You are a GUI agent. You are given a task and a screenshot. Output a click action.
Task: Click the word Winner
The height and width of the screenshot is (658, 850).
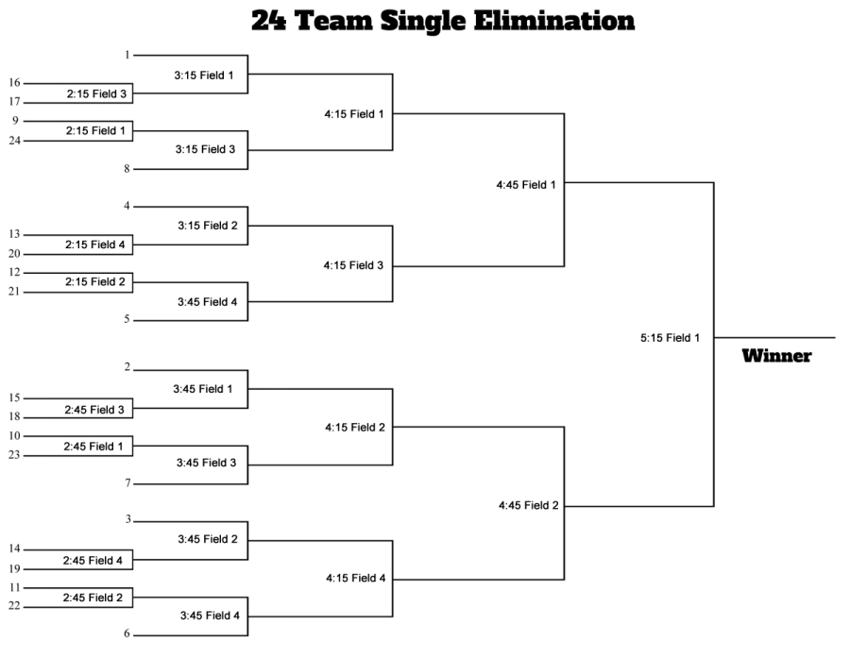click(x=776, y=356)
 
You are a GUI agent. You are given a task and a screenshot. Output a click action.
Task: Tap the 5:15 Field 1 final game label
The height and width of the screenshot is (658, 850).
click(x=670, y=337)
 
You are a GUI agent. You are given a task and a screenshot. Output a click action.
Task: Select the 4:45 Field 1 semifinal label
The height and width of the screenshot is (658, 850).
click(x=525, y=185)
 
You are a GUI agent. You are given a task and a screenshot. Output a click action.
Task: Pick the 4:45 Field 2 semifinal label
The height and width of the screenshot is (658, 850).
click(x=528, y=505)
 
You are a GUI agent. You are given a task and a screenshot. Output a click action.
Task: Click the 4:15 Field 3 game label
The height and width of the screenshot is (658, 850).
click(x=353, y=265)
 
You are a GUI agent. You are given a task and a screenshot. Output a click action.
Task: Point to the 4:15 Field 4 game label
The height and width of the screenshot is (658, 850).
click(x=355, y=578)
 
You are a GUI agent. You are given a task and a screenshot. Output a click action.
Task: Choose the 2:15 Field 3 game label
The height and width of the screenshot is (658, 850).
click(x=96, y=93)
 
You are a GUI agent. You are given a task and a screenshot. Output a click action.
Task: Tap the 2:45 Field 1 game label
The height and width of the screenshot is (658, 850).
click(x=93, y=446)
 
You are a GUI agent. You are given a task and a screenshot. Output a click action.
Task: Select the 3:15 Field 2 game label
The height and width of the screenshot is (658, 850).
click(x=207, y=226)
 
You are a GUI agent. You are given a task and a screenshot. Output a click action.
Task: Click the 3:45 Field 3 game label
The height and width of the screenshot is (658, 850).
click(x=207, y=463)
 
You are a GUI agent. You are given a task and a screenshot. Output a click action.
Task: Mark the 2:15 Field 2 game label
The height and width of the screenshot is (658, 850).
click(x=95, y=281)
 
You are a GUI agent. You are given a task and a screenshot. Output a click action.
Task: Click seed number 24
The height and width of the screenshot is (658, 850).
click(x=15, y=141)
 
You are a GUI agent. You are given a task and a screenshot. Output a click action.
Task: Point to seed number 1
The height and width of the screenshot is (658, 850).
click(x=127, y=55)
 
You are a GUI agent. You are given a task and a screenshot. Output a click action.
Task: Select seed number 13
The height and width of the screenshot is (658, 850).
click(x=15, y=234)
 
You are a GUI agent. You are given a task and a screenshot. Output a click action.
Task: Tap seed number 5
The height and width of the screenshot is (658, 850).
click(x=127, y=320)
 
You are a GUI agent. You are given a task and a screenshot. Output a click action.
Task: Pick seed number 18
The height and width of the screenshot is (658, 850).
click(x=15, y=417)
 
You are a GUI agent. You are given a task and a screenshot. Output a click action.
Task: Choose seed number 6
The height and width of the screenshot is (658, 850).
click(x=127, y=633)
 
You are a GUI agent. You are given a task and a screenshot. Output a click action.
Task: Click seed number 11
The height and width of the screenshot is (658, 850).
click(x=15, y=587)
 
